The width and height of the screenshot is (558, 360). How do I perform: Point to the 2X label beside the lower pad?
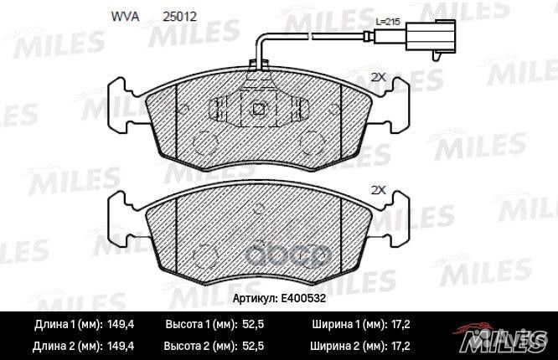tap(377, 190)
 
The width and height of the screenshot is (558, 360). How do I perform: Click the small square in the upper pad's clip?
tap(260, 107)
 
